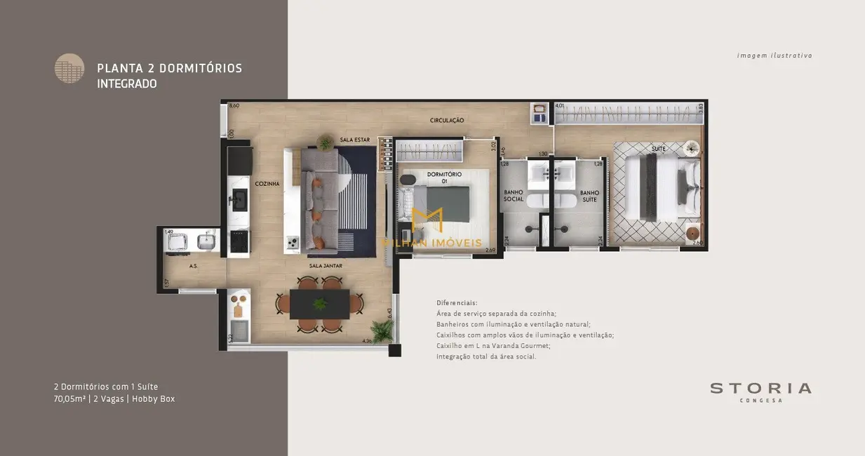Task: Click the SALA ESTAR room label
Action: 354,140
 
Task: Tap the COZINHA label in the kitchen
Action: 267,184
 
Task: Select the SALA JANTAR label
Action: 326,267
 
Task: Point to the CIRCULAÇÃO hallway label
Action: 447,121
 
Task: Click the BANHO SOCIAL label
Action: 514,196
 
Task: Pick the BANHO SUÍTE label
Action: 589,196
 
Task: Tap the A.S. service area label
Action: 192,267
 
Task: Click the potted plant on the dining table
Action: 320,304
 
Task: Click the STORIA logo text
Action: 760,388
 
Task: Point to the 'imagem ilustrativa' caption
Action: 775,55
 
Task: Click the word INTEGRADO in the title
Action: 127,83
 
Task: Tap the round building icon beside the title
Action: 69,68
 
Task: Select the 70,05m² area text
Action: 70,398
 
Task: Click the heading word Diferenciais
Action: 457,302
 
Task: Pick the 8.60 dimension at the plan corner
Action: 234,106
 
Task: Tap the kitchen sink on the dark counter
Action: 238,199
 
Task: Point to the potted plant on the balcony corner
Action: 383,329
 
